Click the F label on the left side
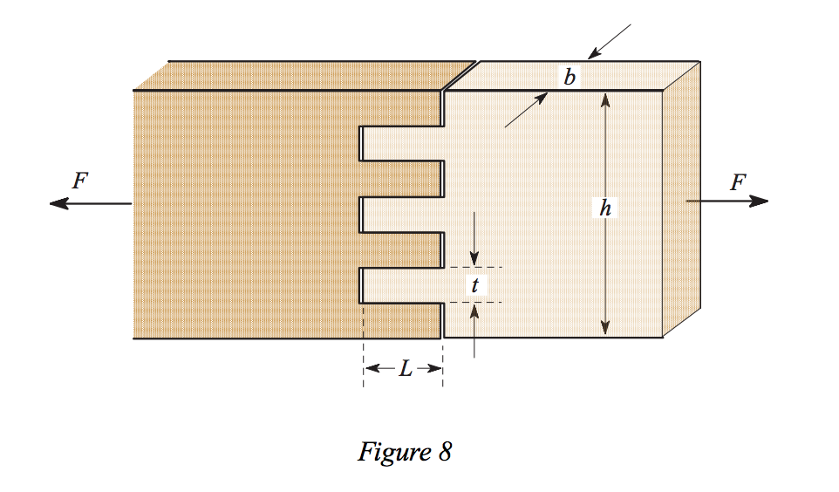[80, 181]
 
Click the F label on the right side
[738, 182]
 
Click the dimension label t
[474, 284]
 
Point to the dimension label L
[405, 369]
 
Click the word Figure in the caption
[390, 453]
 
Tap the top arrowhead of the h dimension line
[605, 99]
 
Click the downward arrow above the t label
[474, 258]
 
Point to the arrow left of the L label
[373, 369]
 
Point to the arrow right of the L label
[433, 369]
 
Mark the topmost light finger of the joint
[402, 143]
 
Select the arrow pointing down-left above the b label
[594, 54]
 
